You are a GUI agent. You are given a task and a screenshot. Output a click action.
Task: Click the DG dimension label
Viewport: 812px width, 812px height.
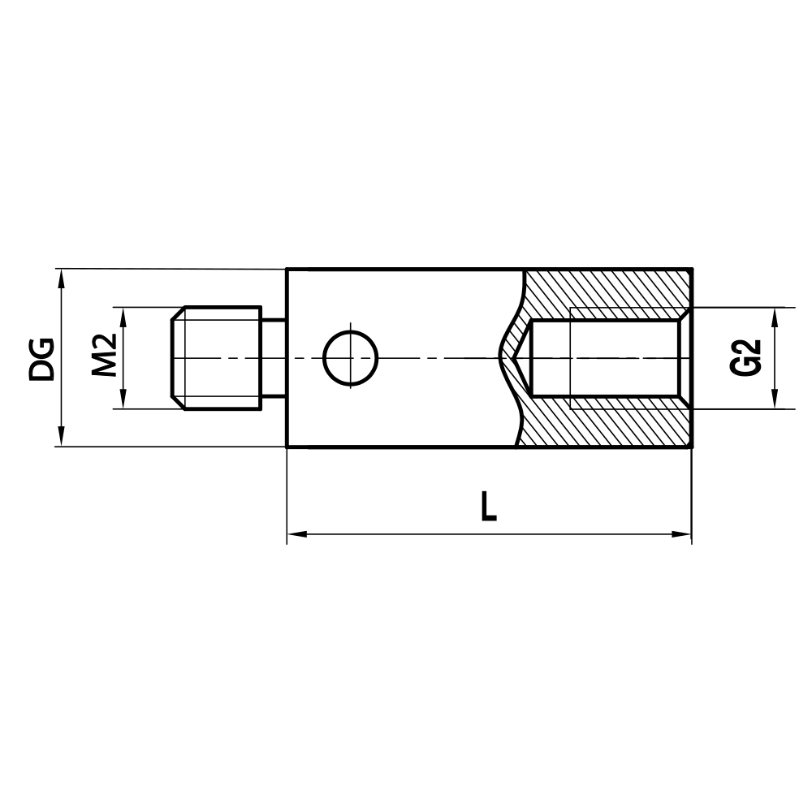(42, 358)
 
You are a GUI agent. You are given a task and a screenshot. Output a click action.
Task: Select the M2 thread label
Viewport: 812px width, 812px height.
(105, 355)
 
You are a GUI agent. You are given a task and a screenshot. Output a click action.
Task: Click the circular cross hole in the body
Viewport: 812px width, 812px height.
(351, 357)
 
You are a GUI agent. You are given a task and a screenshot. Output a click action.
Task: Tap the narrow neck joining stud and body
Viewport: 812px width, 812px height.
(274, 358)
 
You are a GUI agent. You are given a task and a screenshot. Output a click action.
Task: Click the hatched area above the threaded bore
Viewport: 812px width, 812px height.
(609, 288)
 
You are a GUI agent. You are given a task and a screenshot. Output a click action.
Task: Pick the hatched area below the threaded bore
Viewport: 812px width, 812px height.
(609, 426)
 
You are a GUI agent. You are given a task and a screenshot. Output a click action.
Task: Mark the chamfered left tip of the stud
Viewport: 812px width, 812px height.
(178, 358)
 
